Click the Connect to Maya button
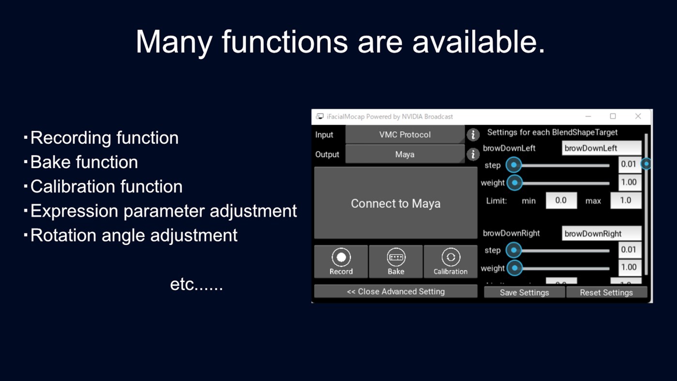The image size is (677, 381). click(395, 203)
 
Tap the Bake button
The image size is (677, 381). click(395, 261)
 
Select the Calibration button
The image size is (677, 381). click(450, 261)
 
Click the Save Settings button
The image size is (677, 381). click(524, 292)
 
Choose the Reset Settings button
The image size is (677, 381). click(606, 292)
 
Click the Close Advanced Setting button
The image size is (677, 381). click(395, 291)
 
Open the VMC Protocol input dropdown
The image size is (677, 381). click(405, 135)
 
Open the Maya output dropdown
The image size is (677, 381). click(405, 154)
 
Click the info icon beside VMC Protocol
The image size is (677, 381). click(473, 135)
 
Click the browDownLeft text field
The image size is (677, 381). click(601, 148)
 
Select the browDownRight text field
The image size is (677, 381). click(601, 233)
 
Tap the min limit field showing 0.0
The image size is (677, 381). click(561, 200)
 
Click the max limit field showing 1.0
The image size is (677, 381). click(625, 200)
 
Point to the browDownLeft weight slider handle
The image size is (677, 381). click(515, 183)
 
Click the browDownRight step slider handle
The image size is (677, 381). click(514, 250)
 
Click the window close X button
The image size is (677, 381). click(638, 116)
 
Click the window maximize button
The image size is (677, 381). click(613, 116)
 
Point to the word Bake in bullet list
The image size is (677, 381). click(47, 162)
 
